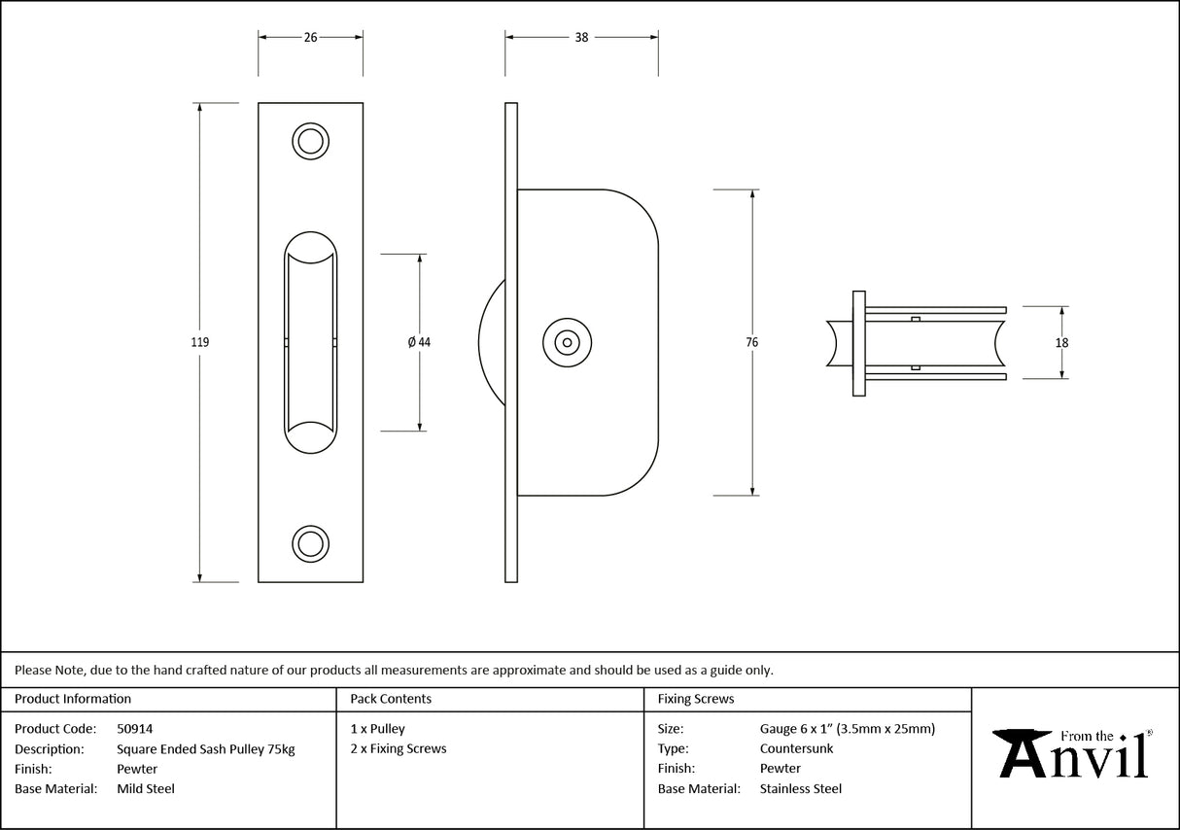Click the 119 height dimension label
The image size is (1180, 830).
point(200,342)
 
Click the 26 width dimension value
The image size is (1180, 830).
point(310,38)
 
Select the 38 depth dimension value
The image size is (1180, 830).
point(581,38)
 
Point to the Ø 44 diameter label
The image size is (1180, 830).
point(420,342)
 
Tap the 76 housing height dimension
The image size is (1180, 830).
point(752,342)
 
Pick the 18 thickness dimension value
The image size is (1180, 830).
point(1061,342)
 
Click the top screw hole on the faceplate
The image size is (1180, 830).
point(310,141)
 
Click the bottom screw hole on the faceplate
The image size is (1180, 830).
point(310,543)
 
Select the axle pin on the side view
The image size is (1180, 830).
point(566,342)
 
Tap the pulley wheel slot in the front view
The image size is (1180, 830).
point(310,342)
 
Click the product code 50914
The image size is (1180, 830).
point(134,728)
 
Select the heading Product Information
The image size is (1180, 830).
point(73,699)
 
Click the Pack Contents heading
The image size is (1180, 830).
point(391,699)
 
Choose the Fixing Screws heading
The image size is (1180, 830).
point(696,699)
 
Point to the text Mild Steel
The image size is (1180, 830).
point(146,789)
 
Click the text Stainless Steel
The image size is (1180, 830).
point(801,789)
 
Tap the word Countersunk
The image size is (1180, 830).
point(796,748)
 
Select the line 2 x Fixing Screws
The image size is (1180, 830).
point(399,748)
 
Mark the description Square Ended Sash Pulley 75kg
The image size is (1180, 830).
point(205,748)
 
